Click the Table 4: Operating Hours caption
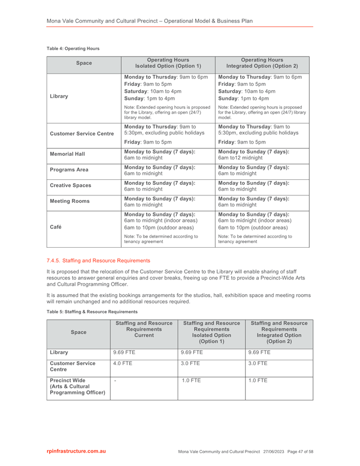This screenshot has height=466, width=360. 73,49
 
